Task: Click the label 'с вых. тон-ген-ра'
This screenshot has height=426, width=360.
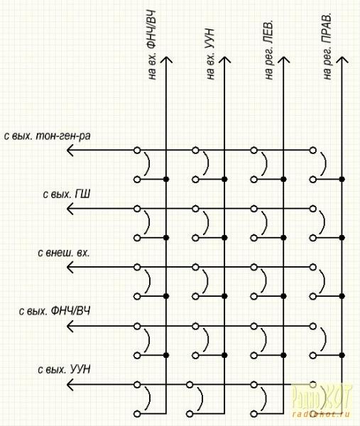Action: tap(48, 136)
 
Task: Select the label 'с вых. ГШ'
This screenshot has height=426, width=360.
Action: tap(67, 195)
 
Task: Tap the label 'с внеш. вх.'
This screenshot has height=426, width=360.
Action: tap(64, 253)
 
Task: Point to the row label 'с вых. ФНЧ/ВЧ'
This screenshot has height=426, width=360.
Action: tap(55, 312)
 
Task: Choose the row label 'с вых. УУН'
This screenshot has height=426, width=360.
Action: tap(64, 370)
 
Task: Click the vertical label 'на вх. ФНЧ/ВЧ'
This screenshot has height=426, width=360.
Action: tap(152, 45)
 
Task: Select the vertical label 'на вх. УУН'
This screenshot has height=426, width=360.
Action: tap(210, 54)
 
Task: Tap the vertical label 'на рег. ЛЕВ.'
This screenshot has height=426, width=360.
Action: tap(268, 49)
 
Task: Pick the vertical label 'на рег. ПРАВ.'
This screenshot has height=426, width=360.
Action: tap(327, 46)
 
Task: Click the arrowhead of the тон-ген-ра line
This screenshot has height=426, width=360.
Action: tap(70, 150)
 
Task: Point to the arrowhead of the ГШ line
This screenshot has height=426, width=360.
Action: tap(70, 209)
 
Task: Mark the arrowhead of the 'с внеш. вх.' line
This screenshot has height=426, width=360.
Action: tap(70, 268)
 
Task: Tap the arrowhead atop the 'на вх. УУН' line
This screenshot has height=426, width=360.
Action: tap(224, 60)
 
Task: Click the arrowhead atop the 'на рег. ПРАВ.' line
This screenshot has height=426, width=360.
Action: tap(342, 60)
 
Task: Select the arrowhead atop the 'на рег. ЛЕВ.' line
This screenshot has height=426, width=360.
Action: tap(283, 60)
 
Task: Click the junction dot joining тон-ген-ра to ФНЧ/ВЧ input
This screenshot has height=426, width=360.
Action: tap(166, 180)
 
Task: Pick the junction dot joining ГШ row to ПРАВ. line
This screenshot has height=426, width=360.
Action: tap(342, 238)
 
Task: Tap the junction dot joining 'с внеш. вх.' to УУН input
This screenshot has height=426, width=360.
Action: tap(224, 296)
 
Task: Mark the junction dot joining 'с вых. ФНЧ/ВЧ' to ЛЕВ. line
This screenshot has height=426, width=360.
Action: tap(283, 355)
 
